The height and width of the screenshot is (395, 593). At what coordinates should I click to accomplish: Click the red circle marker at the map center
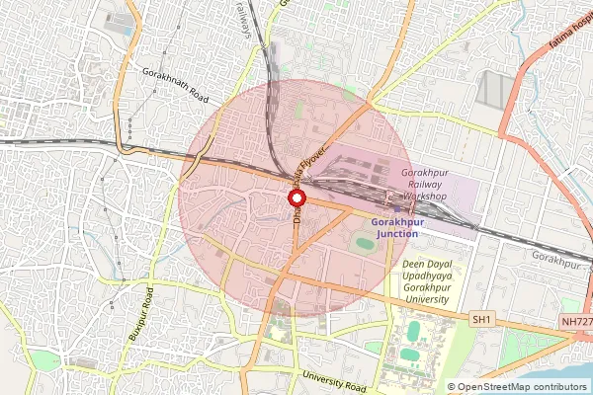(x=296, y=199)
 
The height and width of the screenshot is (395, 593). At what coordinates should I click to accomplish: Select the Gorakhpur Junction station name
(x=408, y=227)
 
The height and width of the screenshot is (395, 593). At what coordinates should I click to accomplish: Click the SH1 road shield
(x=481, y=320)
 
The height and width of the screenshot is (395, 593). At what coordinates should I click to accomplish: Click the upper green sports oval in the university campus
(x=411, y=329)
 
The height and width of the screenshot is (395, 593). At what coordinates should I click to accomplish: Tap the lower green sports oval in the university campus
(x=410, y=354)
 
